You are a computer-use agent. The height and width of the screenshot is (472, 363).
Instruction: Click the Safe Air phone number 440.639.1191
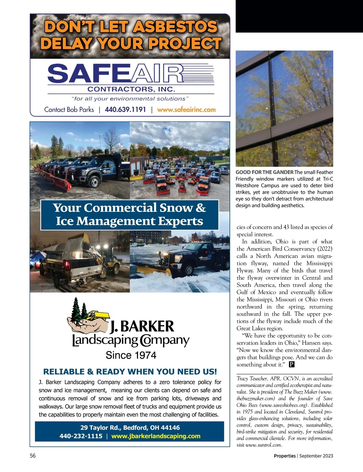pos(125,110)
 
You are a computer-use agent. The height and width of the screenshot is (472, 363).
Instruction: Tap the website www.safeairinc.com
pos(186,110)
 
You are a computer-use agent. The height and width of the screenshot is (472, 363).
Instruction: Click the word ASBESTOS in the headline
pos(175,27)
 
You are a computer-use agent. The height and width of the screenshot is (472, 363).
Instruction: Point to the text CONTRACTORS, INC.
pos(131,89)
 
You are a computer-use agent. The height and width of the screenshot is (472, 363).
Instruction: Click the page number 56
pos(33,456)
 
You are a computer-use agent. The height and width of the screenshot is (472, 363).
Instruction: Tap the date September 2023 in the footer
pos(316,456)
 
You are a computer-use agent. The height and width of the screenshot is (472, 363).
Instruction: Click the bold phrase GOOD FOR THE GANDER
pos(264,172)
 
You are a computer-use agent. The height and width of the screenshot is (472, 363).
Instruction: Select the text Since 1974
pos(131,355)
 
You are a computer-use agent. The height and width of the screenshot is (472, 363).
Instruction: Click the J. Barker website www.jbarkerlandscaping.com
pos(156,436)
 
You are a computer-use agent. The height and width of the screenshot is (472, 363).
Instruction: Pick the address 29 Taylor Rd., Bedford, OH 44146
pos(130,428)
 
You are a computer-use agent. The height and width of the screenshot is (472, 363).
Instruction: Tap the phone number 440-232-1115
pos(81,436)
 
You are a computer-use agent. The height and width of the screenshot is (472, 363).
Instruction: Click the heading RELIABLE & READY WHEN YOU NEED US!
pos(130,372)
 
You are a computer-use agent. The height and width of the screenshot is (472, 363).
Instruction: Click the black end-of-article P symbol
pos(292,364)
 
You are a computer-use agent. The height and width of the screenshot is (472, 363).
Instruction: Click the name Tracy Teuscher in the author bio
pos(252,378)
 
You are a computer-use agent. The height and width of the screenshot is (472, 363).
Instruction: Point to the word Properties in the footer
pos(285,456)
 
